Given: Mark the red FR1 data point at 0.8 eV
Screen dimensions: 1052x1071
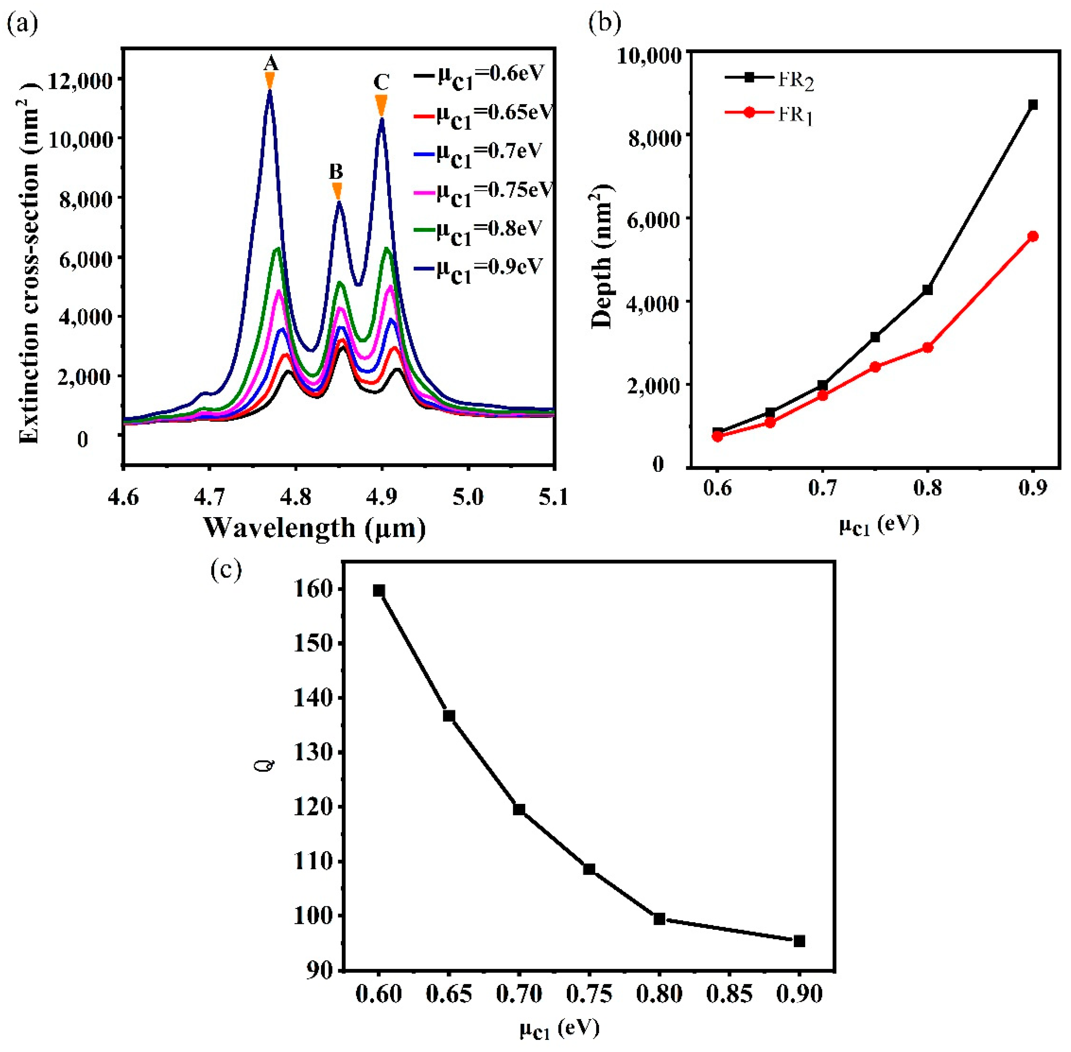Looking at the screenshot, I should tap(927, 347).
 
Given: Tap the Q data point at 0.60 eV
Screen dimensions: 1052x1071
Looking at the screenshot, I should tap(379, 591).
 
